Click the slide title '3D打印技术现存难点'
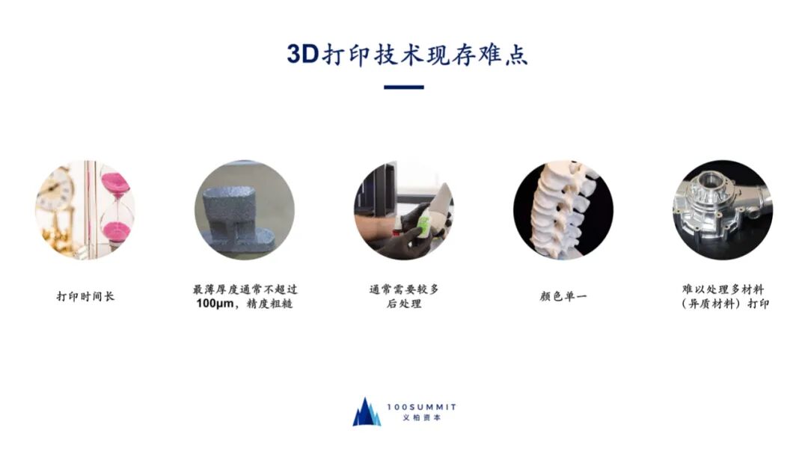coord(407,54)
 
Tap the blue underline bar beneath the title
coord(404,87)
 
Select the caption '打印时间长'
coord(85,296)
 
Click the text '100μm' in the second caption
coord(215,304)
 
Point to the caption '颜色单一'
coord(563,296)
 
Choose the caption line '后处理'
coord(404,304)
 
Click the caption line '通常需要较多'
coord(404,289)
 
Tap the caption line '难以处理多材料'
coord(723,289)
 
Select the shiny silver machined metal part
coord(721,209)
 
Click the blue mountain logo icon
coord(367,412)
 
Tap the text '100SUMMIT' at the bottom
coord(421,407)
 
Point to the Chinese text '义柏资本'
coord(421,418)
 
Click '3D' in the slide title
coord(303,54)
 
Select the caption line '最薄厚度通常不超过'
coord(245,289)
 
